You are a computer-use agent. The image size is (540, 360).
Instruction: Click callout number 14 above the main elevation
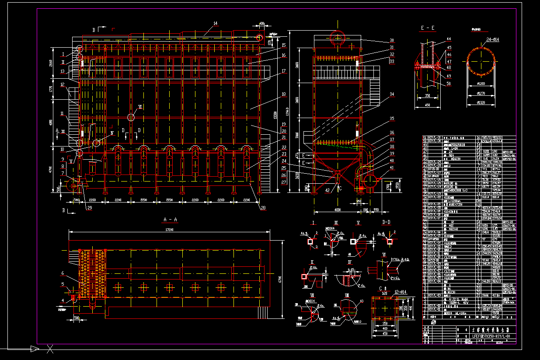point(215,23)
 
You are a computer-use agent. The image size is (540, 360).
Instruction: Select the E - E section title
point(427,28)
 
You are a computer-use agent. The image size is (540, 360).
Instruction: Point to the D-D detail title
point(387,223)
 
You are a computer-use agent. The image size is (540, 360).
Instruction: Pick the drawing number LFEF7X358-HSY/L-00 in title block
point(491,336)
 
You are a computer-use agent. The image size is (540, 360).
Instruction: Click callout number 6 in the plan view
point(63,273)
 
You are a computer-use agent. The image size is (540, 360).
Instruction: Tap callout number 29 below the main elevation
point(90,208)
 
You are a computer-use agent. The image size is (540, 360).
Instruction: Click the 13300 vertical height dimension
point(275,116)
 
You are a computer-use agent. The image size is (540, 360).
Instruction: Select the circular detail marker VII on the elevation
point(131,117)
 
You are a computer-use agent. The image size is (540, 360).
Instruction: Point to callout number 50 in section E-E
point(449,83)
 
